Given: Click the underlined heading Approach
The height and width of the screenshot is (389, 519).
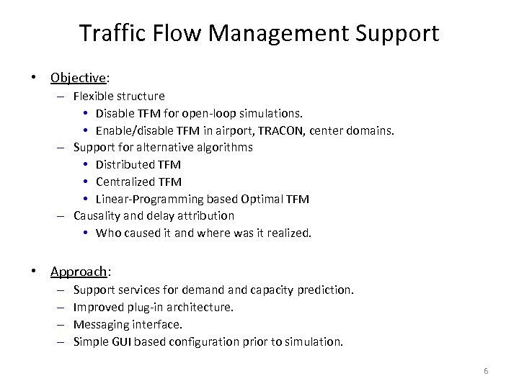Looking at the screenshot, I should pyautogui.click(x=79, y=272).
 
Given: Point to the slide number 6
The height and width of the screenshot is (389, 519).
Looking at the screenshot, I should pyautogui.click(x=486, y=371).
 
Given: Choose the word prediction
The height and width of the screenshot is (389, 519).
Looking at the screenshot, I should pyautogui.click(x=327, y=290).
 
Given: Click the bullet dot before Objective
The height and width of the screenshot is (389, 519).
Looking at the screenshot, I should pyautogui.click(x=35, y=77).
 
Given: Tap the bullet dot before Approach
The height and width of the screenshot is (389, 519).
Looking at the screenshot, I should pyautogui.click(x=35, y=272).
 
